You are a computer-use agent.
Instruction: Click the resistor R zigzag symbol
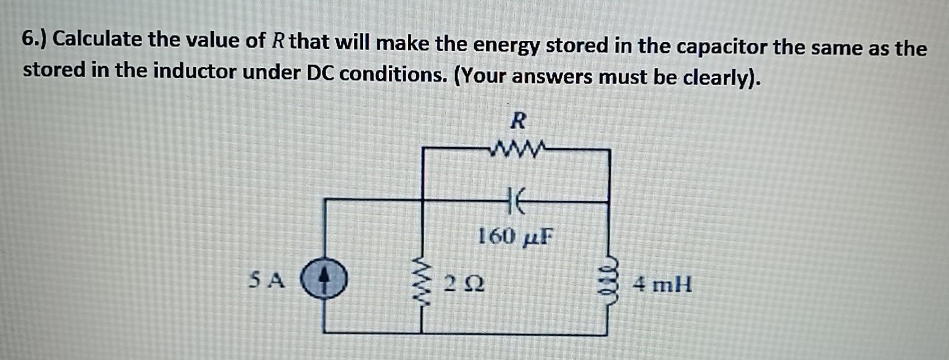tap(517, 149)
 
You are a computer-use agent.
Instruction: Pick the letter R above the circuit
tap(518, 120)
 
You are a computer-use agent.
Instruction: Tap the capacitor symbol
tap(517, 201)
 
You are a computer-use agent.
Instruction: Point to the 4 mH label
tap(663, 285)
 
